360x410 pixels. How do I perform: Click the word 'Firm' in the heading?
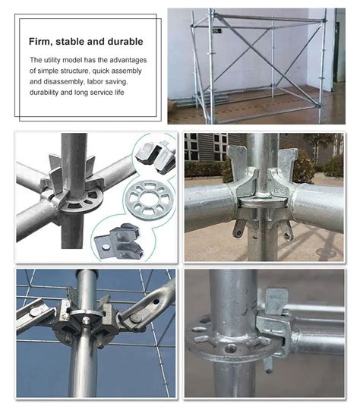41,41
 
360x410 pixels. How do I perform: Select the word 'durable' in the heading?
123,41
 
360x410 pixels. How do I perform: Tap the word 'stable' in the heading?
74,41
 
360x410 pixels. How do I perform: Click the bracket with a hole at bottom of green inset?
117,241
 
